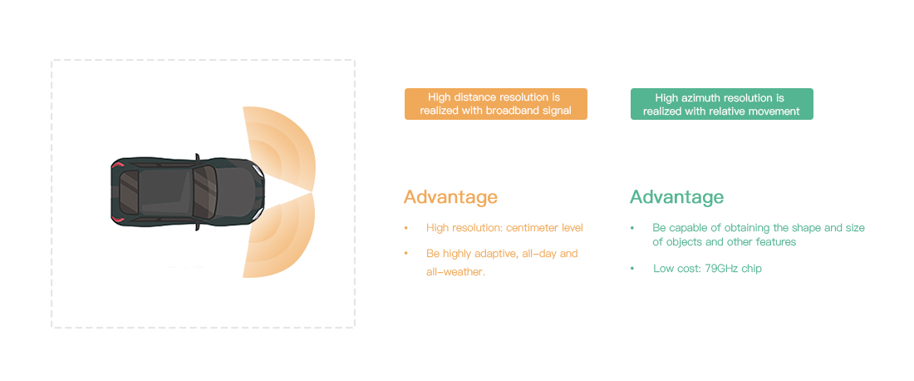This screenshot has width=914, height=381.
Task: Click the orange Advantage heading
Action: pos(450,197)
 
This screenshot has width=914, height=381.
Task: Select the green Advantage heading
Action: pos(676,197)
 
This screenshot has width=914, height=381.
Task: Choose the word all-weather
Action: pos(455,272)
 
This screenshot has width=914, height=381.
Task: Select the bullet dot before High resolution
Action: pos(406,228)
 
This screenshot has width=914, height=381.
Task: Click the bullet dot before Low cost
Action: pos(631,269)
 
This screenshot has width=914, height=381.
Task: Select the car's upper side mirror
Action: pos(197,156)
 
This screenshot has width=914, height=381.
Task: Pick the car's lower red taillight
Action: pos(118,218)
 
